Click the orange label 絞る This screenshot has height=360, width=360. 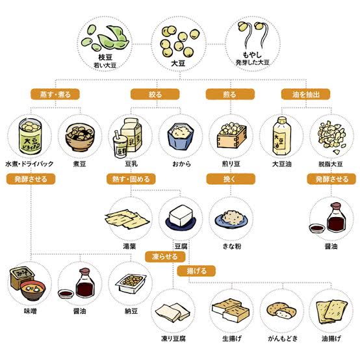click(x=155, y=94)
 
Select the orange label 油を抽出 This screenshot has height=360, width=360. click(x=305, y=94)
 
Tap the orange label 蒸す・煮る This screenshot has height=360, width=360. click(x=55, y=94)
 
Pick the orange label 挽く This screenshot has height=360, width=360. click(x=231, y=179)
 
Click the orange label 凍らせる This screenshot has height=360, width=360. click(x=165, y=257)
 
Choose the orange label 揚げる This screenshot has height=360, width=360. click(x=196, y=271)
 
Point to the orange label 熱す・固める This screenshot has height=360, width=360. click(x=131, y=179)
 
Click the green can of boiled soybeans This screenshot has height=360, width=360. click(x=30, y=136)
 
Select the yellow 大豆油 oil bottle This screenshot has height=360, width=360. click(x=282, y=136)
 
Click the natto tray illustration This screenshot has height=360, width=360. click(x=131, y=284)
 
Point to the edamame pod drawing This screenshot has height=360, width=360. click(x=113, y=37)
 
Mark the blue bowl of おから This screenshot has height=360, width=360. click(x=181, y=136)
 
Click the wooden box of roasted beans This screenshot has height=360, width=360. click(x=231, y=136)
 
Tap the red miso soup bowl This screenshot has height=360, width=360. click(x=33, y=290)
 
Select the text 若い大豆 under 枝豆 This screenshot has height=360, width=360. click(x=105, y=66)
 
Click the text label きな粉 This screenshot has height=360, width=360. click(x=232, y=246)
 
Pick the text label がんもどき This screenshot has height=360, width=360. click(x=283, y=339)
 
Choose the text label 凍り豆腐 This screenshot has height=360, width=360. click(x=174, y=339)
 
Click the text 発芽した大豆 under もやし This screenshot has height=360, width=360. click(x=252, y=62)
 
